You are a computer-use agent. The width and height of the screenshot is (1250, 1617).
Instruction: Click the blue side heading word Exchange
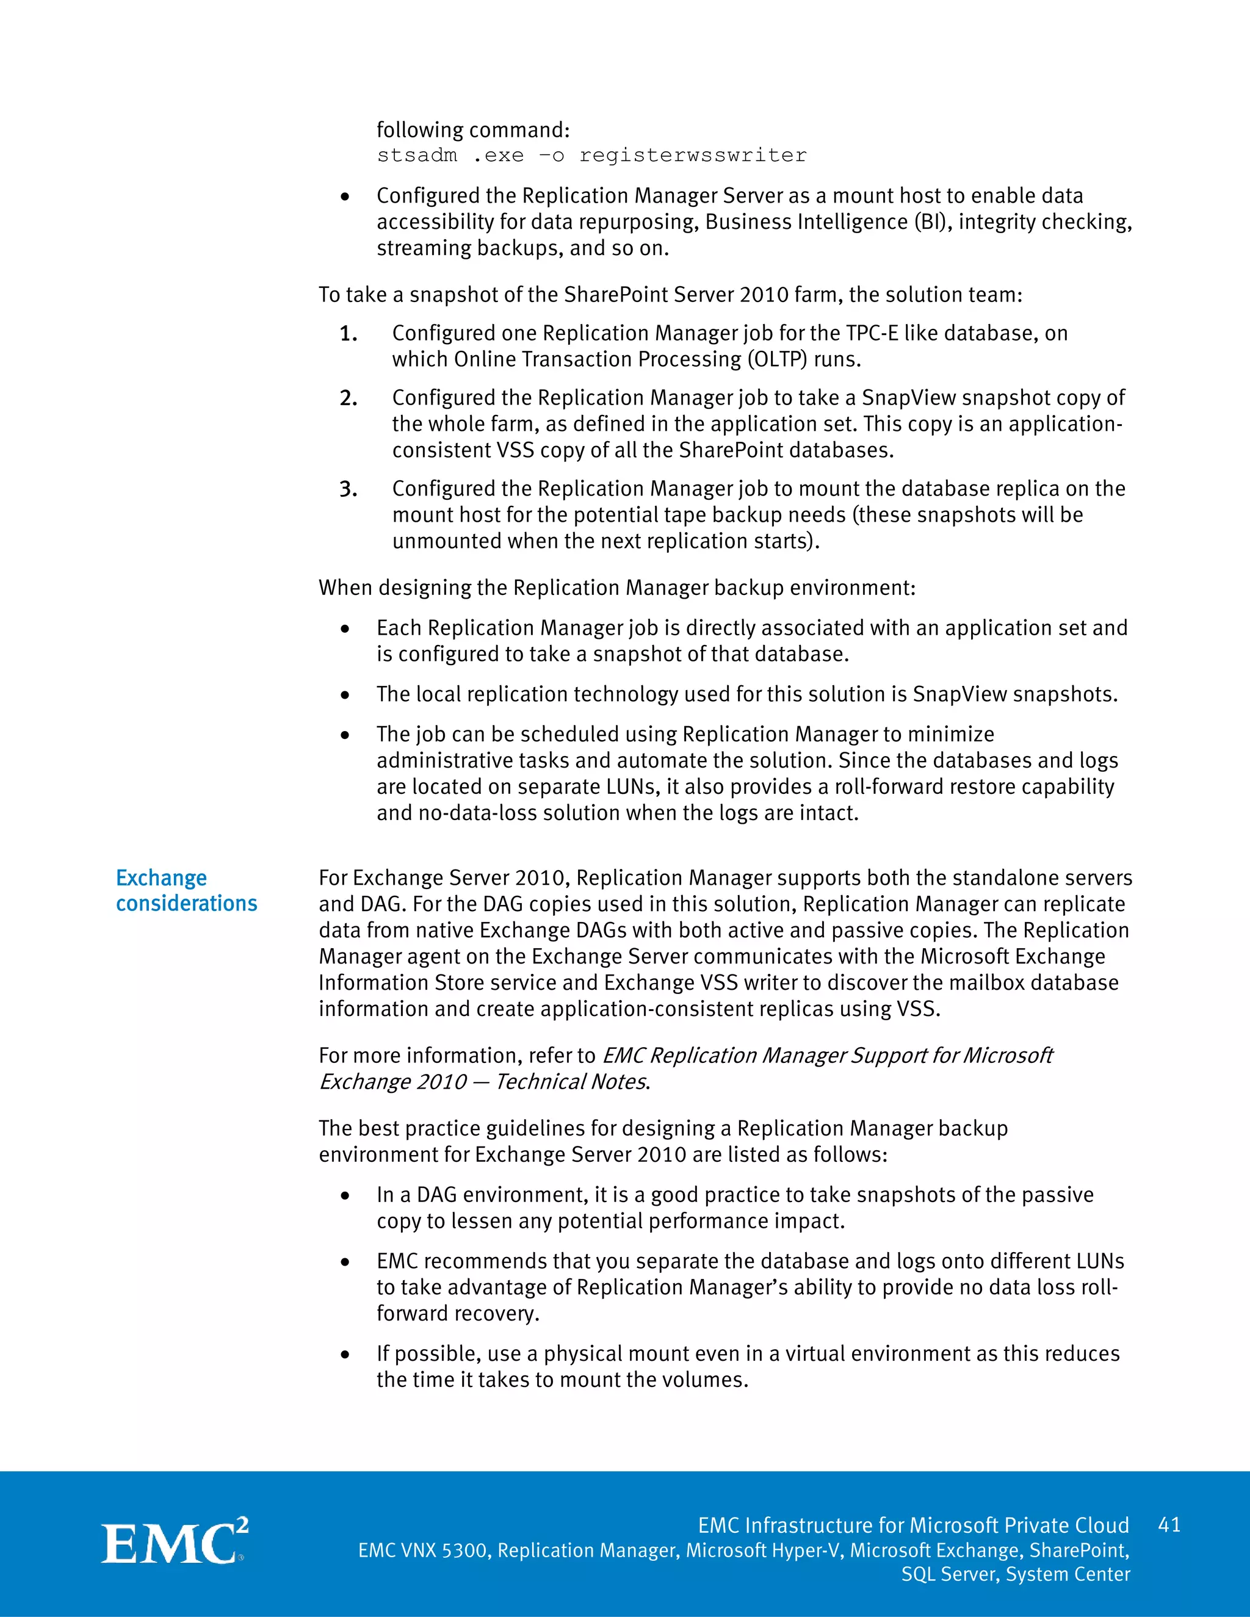[161, 878]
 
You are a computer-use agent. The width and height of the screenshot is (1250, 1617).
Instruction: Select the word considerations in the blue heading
[187, 904]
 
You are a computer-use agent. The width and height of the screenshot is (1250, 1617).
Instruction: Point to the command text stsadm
[417, 156]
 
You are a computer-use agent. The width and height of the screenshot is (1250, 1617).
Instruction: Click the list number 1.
[348, 334]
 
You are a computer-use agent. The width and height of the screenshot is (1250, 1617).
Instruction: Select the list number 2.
[348, 398]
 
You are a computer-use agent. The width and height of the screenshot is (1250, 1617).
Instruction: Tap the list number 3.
[348, 489]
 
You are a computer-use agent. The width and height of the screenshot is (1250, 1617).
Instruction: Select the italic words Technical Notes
[572, 1082]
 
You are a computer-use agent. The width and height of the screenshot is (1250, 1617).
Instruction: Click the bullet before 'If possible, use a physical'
[345, 1355]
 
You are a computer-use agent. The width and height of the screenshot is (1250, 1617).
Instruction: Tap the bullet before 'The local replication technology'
[345, 695]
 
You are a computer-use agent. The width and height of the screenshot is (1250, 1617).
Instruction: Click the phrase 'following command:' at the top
[473, 131]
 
